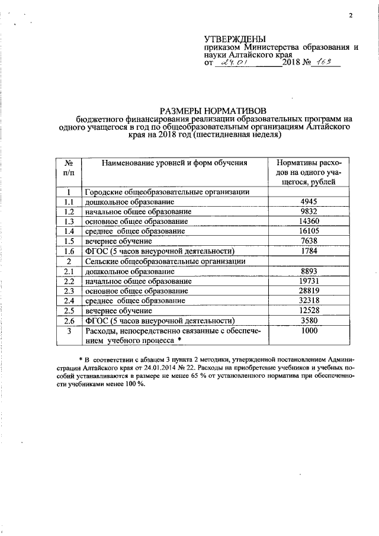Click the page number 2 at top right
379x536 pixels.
click(351, 15)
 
